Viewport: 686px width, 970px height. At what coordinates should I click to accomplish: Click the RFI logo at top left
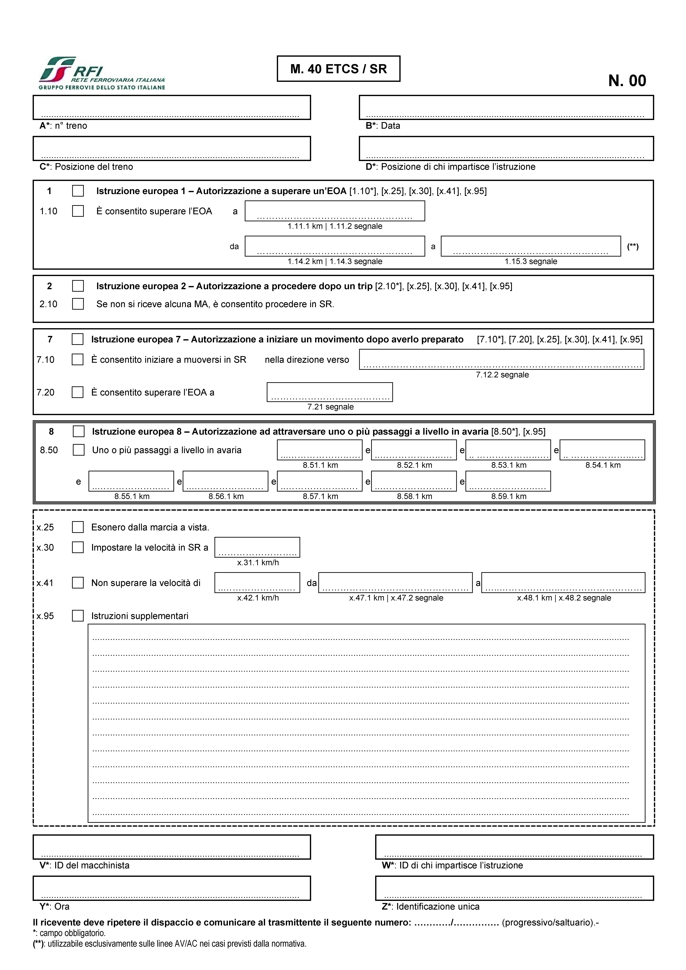pyautogui.click(x=101, y=73)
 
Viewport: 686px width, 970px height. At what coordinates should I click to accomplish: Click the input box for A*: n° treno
pyautogui.click(x=172, y=107)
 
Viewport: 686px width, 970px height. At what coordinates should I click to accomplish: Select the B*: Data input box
pyautogui.click(x=506, y=107)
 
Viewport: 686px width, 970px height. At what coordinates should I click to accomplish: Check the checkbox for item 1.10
pyautogui.click(x=78, y=211)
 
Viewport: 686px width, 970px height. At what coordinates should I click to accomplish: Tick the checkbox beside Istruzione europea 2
pyautogui.click(x=78, y=286)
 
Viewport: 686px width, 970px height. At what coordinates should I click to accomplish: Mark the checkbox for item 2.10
pyautogui.click(x=78, y=304)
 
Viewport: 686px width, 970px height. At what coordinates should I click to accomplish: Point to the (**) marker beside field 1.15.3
pyautogui.click(x=633, y=246)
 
